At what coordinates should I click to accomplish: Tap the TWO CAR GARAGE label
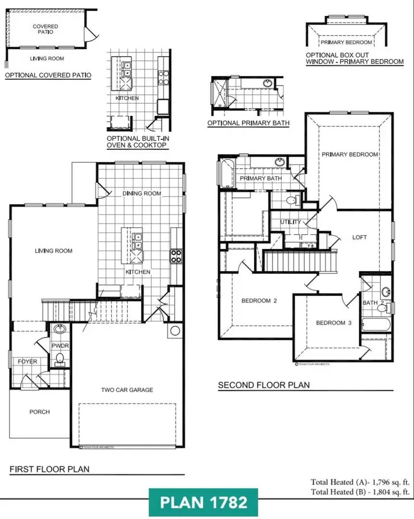tap(127, 390)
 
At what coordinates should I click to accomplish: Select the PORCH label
tap(39, 412)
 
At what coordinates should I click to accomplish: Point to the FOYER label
tap(27, 361)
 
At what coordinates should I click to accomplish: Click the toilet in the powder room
tap(60, 358)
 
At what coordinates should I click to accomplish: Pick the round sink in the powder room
tap(60, 330)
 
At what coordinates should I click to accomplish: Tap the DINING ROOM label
tap(142, 193)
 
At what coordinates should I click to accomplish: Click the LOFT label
tap(359, 237)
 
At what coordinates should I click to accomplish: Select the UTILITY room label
tap(290, 222)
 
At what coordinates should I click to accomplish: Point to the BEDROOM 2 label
tap(259, 301)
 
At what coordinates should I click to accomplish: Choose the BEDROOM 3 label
tap(334, 323)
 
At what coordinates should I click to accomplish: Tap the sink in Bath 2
tap(385, 292)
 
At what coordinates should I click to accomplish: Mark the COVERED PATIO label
tap(46, 29)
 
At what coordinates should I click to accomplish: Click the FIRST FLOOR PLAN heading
tap(50, 469)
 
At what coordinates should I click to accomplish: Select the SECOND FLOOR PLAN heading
tap(264, 385)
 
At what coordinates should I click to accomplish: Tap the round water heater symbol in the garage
tap(175, 331)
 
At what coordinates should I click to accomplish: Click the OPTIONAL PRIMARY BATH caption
tap(248, 123)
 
